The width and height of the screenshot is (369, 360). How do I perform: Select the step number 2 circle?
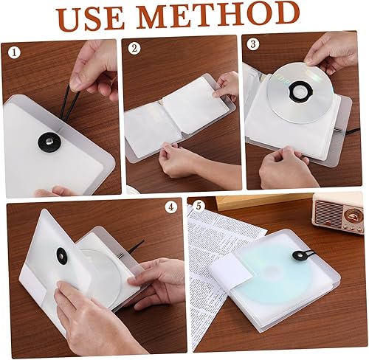tap(134, 49)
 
